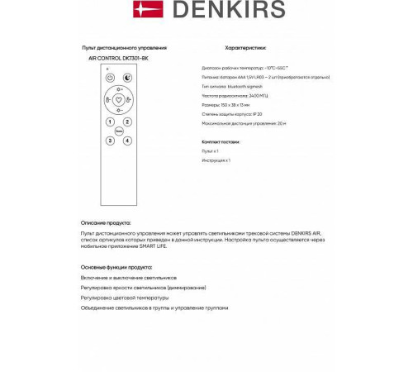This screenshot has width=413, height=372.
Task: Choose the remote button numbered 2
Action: tap(128, 121)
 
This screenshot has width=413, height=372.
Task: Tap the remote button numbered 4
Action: tap(128, 139)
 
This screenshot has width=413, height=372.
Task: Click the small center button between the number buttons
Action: tap(117, 130)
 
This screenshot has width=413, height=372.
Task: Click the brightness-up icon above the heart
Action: tap(117, 88)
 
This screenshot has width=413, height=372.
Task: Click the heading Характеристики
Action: tap(245, 48)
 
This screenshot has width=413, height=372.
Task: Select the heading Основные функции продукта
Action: tap(116, 268)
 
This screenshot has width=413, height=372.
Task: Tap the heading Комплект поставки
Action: tap(219, 143)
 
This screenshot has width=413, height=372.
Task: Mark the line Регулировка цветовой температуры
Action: tap(125, 298)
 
